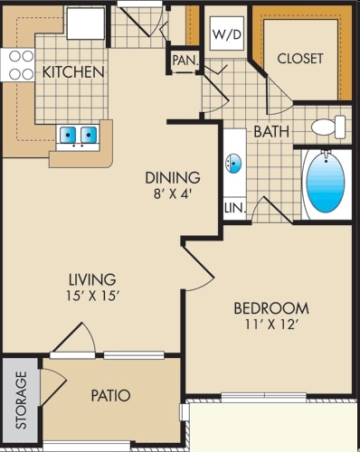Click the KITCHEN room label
[x=73, y=72]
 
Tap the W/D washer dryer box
[x=227, y=33]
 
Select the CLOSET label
[x=300, y=59]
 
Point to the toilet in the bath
[x=328, y=127]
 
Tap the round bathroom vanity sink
[x=233, y=164]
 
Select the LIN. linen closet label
[x=235, y=208]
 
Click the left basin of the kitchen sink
[x=68, y=135]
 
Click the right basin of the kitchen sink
[x=89, y=135]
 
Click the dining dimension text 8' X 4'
[x=173, y=194]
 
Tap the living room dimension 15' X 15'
[x=91, y=296]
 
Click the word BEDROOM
[x=271, y=308]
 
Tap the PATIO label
[x=110, y=395]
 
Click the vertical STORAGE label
[x=21, y=400]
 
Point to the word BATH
[x=271, y=131]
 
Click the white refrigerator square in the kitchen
[x=86, y=24]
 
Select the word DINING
[x=173, y=177]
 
